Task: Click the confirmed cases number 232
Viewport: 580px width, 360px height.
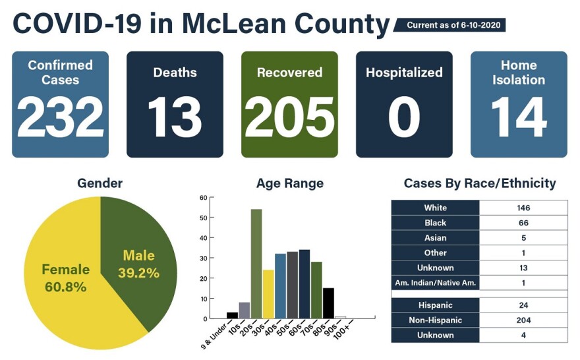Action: tap(60, 117)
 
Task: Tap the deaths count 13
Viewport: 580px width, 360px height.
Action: tap(174, 117)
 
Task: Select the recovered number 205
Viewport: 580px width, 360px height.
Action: tap(289, 117)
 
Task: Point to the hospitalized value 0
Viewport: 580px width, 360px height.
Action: tap(403, 117)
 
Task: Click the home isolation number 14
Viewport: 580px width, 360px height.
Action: tap(519, 117)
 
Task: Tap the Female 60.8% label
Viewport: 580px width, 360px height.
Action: tap(65, 278)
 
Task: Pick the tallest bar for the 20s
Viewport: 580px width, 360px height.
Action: tap(256, 264)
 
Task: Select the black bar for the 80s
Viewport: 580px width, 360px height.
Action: tap(328, 303)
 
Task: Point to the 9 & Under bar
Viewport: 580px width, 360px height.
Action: tap(232, 315)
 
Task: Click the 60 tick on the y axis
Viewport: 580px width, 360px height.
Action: tap(204, 197)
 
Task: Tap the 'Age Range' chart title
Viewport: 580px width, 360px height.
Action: tap(290, 183)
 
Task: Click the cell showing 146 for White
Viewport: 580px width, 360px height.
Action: tap(523, 208)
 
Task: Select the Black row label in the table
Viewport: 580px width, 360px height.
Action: tap(435, 223)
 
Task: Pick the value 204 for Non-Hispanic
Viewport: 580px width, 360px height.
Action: tap(523, 320)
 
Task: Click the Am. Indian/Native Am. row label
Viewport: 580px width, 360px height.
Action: tap(435, 283)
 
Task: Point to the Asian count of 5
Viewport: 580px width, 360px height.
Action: tap(523, 238)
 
